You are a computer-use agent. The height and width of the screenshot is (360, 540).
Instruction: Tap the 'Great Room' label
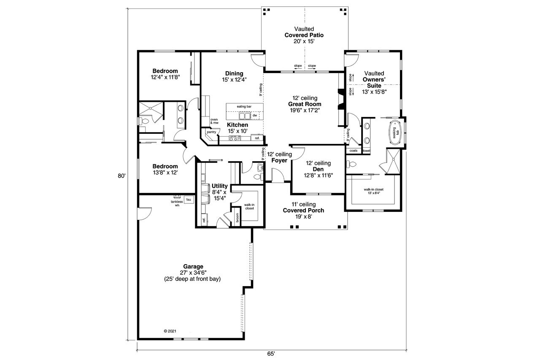[x=305, y=104]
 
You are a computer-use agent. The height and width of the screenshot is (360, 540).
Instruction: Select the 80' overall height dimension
[x=122, y=176]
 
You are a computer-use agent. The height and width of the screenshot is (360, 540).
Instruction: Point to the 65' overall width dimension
[x=271, y=353]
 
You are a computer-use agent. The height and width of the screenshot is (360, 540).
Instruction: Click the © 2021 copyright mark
[x=170, y=331]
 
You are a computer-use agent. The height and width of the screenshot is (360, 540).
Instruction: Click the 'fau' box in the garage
[x=189, y=199]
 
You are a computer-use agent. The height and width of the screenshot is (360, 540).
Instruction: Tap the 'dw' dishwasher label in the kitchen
[x=254, y=115]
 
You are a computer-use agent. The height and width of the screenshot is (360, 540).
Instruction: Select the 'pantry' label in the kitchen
[x=211, y=132]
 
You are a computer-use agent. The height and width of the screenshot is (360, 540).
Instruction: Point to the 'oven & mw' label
[x=214, y=121]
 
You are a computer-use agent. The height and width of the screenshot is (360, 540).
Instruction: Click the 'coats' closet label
[x=353, y=151]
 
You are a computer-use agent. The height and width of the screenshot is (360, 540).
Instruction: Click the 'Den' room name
[x=318, y=169]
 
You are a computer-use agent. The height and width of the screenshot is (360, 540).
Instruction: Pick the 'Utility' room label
[x=219, y=186]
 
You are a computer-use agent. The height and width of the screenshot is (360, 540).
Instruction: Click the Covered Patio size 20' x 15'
[x=304, y=42]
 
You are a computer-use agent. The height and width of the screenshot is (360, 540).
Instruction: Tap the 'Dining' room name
[x=234, y=73]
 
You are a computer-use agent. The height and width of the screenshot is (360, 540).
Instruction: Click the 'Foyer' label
[x=279, y=160]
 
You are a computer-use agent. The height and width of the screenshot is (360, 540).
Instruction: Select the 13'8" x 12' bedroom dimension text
[x=165, y=173]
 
